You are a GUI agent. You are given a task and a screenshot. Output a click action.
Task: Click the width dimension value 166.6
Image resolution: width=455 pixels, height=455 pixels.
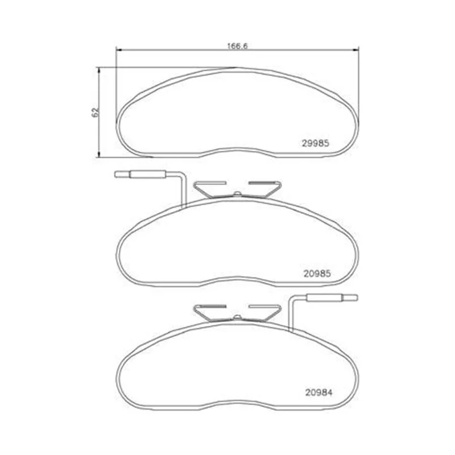[237, 46]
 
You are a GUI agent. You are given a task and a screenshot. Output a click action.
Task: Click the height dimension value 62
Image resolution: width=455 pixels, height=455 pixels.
[95, 112]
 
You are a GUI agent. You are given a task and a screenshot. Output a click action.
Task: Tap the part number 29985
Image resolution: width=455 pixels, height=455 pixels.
[316, 143]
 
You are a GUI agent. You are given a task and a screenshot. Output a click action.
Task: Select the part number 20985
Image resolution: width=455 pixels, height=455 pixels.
[317, 274]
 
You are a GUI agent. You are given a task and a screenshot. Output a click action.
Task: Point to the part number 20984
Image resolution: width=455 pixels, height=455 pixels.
[318, 392]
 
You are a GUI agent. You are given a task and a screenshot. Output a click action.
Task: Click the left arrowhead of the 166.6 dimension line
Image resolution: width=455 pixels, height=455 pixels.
[119, 50]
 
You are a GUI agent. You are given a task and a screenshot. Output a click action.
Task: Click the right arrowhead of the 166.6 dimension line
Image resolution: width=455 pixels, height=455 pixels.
[355, 50]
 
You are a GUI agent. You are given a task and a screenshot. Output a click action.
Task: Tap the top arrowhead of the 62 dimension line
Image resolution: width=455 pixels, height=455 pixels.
[99, 71]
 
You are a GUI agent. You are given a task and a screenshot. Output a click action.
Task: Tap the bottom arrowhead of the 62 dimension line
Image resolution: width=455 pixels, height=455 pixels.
[99, 154]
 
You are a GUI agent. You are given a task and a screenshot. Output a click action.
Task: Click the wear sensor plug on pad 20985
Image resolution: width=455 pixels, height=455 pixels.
[148, 174]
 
